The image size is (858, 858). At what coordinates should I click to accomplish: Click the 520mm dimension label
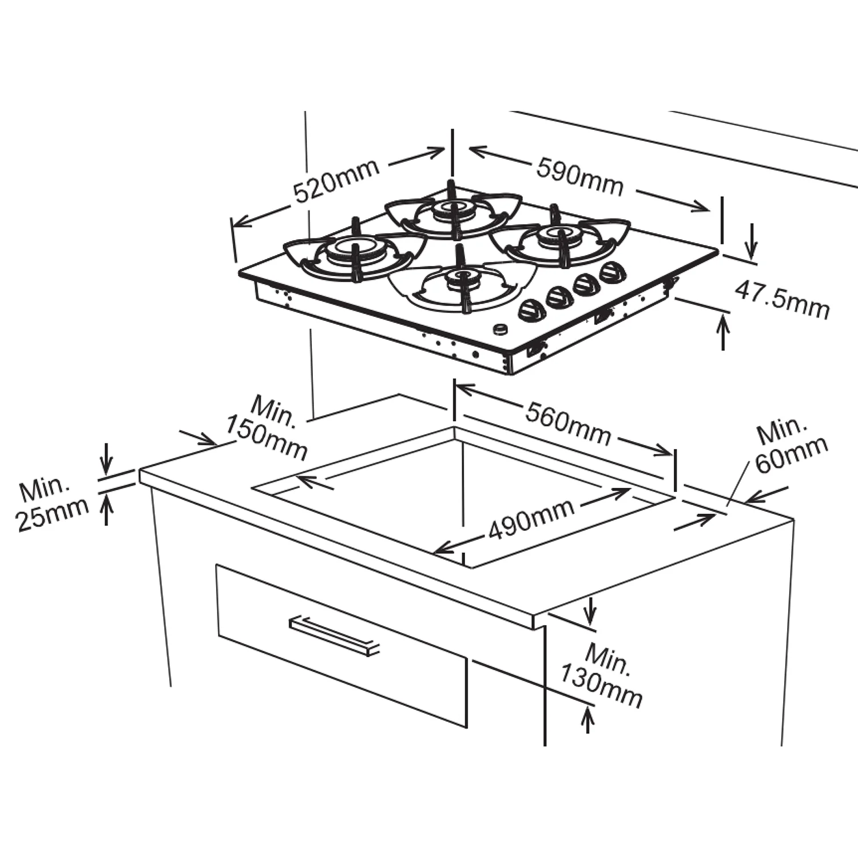point(336,180)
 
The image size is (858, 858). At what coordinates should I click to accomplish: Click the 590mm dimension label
point(580,177)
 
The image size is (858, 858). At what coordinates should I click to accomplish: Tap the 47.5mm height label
point(782,299)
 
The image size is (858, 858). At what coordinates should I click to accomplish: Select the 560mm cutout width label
point(568,424)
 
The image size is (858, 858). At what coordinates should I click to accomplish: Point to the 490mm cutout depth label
point(531,519)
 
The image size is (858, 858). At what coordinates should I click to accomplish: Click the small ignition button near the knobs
point(500,329)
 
